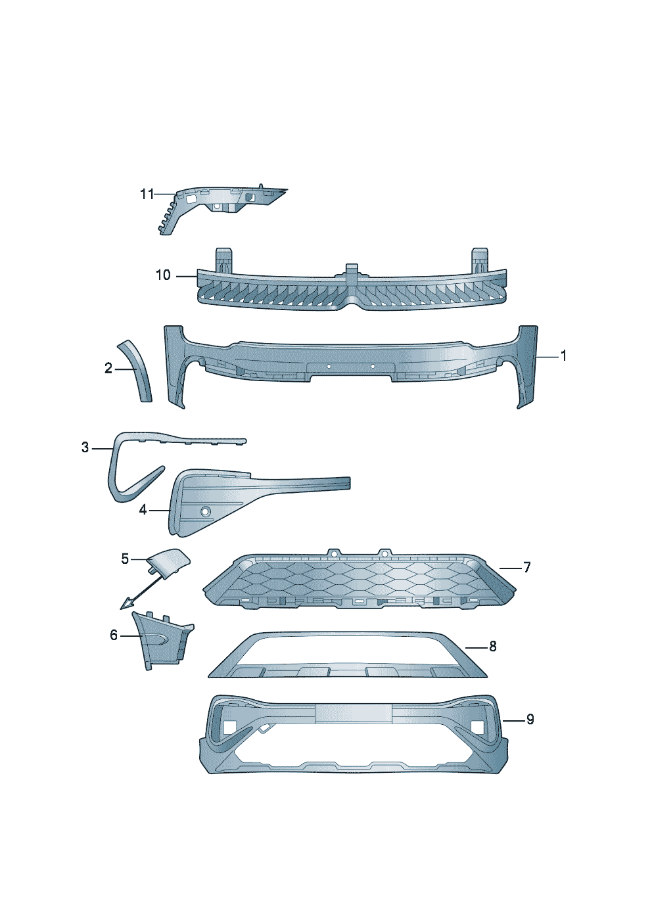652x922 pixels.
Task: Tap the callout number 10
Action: click(163, 275)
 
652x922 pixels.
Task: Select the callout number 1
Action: click(563, 356)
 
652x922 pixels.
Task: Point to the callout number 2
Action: click(108, 368)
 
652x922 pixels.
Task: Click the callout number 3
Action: click(85, 448)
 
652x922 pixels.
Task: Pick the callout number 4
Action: click(143, 510)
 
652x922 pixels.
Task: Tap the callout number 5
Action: click(125, 559)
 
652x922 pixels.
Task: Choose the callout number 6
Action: click(114, 635)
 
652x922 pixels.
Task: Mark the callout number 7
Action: click(527, 568)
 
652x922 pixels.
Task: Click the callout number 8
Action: click(493, 647)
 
